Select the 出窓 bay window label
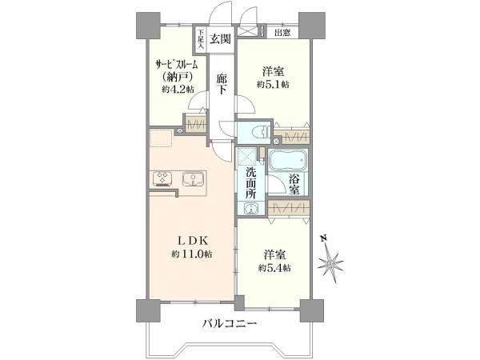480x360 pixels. point(282,33)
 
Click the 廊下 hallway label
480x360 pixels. point(222,83)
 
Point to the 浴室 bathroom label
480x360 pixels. point(294,183)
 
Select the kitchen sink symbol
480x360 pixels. point(192,178)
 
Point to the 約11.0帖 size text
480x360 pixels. point(191,254)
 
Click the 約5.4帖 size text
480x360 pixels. point(274,269)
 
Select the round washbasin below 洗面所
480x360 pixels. point(251,209)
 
